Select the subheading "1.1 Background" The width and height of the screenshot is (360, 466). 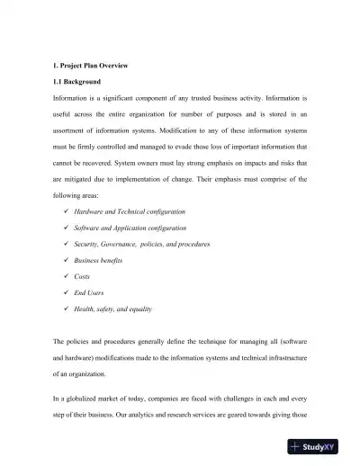[78, 81]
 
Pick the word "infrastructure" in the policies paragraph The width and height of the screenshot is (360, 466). [282, 357]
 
